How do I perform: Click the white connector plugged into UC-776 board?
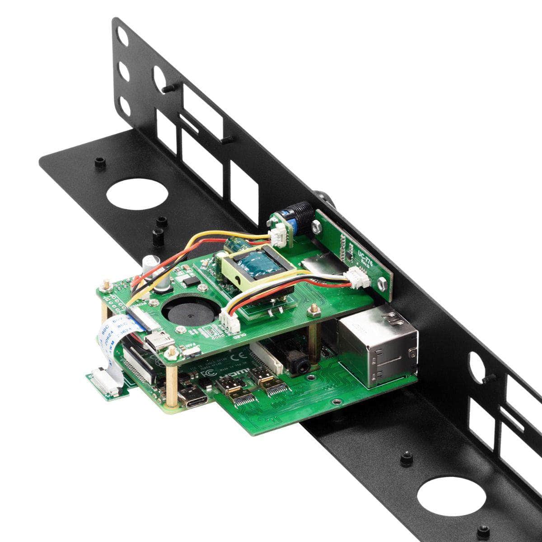359,276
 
